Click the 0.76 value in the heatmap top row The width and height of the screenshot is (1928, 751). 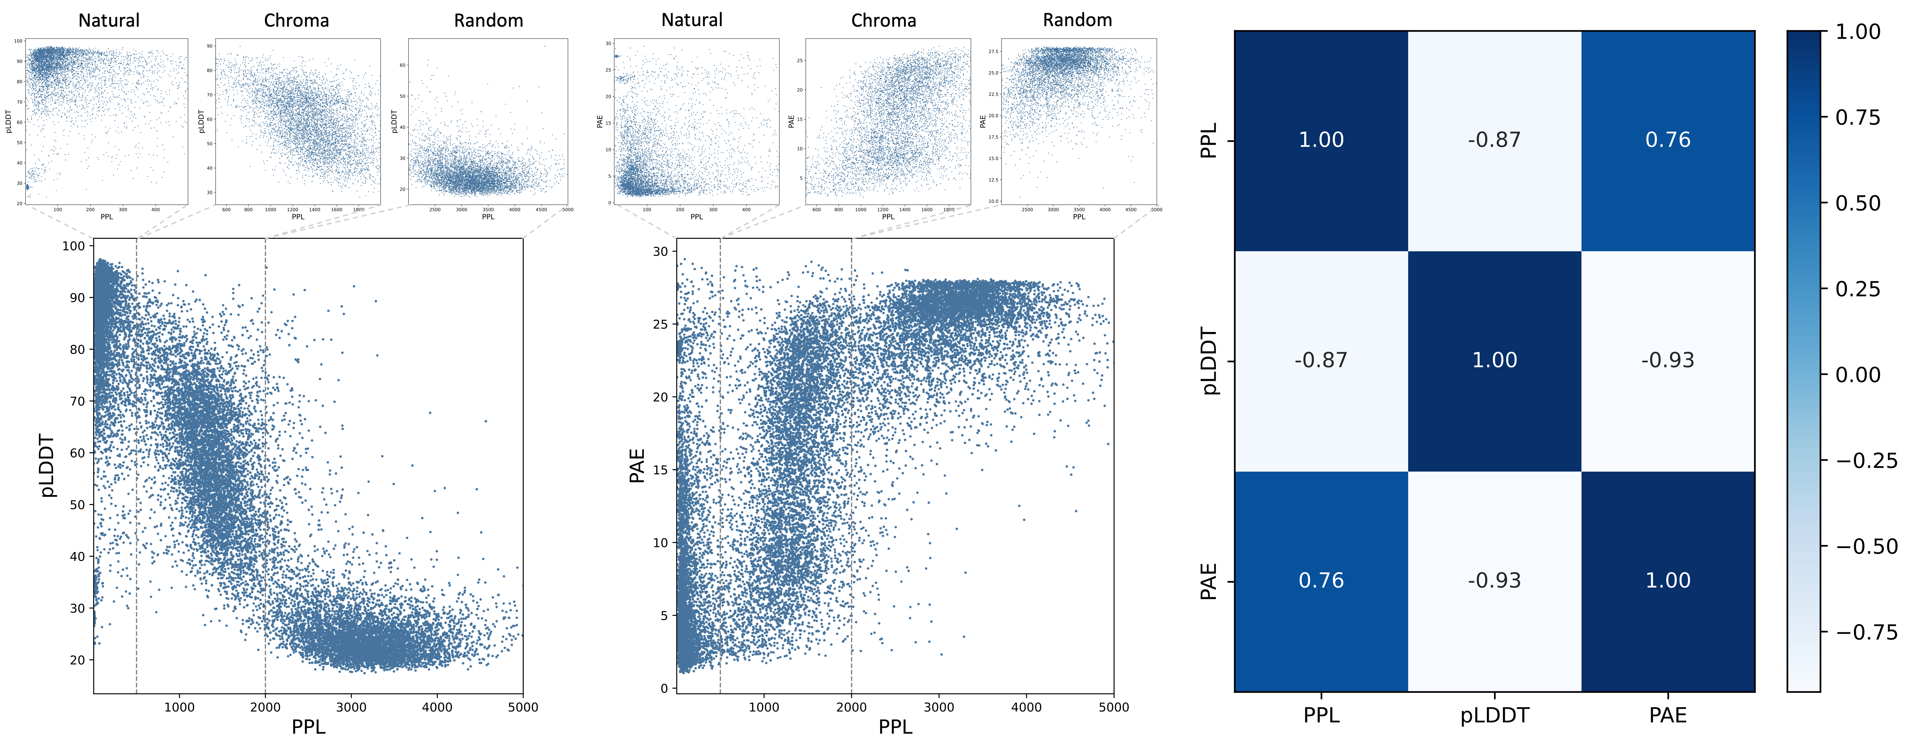tap(1668, 140)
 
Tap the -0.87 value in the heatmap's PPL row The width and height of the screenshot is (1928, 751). tap(1494, 140)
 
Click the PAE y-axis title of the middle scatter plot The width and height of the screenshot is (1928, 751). tap(637, 465)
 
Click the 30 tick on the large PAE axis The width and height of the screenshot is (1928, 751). tap(660, 252)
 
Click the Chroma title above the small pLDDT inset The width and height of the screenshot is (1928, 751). tap(296, 20)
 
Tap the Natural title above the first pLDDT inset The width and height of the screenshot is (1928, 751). tap(109, 20)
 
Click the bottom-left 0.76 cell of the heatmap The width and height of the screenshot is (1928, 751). tap(1321, 580)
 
